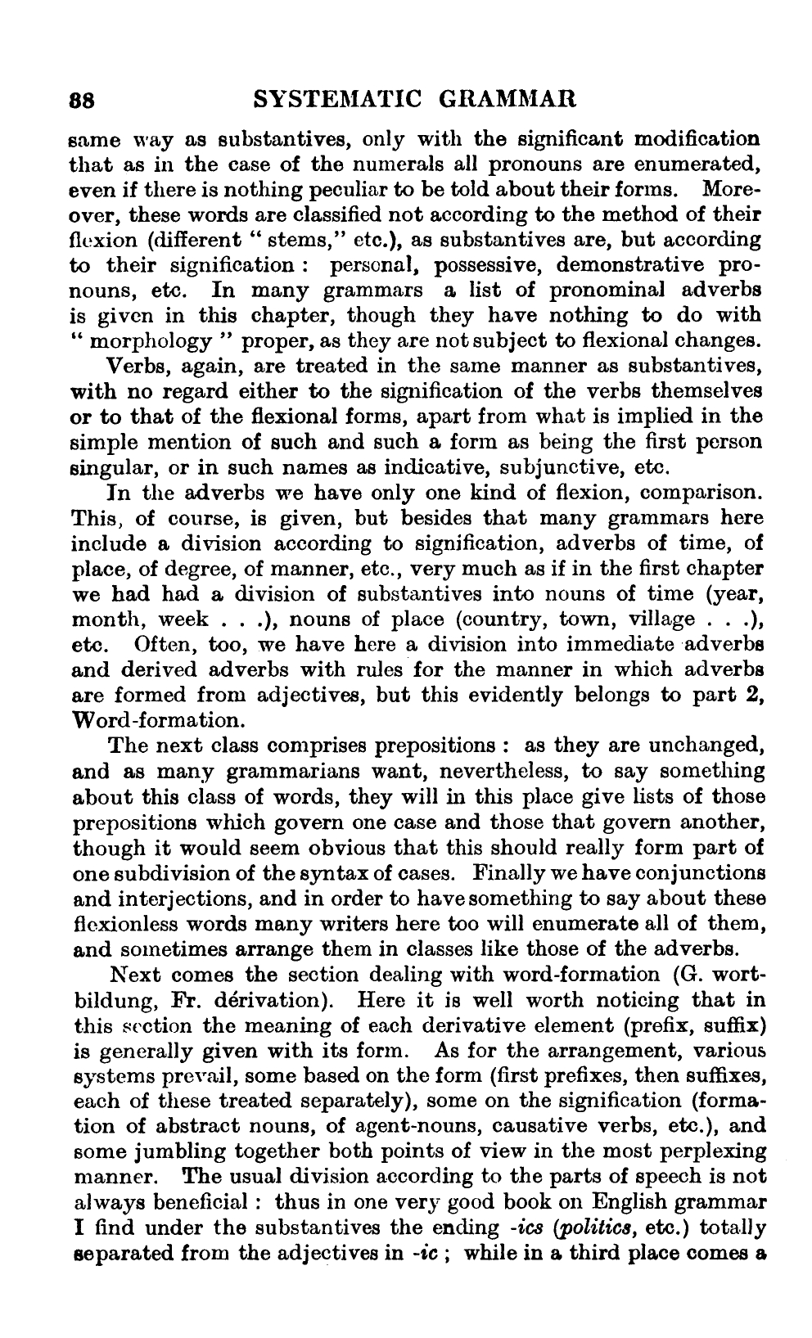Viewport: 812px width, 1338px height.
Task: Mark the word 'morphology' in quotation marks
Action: click(x=153, y=341)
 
